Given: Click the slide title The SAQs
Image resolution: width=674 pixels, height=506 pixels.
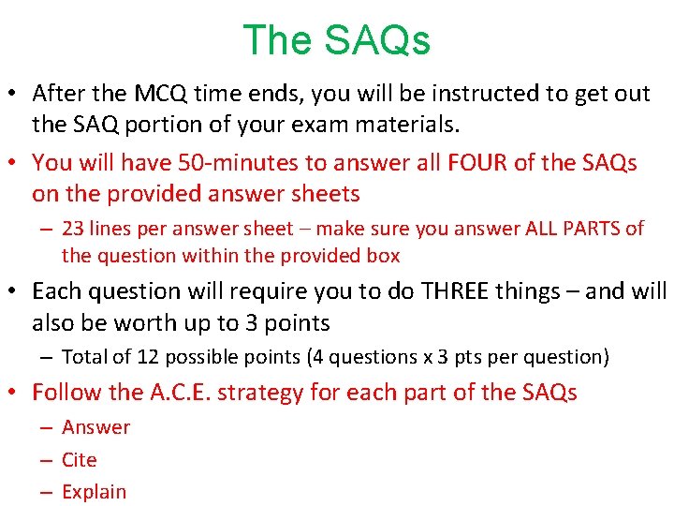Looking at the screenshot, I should point(336,40).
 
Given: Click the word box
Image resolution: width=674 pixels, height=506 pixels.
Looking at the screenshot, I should point(383,255).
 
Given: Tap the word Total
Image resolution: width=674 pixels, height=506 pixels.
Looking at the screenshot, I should point(84,356).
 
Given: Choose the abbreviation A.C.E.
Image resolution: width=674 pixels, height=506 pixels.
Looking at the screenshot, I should point(180,392).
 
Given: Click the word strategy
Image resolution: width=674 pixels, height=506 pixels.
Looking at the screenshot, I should point(255,392).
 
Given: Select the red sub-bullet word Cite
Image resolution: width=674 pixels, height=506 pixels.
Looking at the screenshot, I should point(79,459).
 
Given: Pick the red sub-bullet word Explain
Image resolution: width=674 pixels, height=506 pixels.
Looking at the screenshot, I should point(94,491).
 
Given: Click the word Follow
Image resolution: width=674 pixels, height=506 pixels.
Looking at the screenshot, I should point(61,392).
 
